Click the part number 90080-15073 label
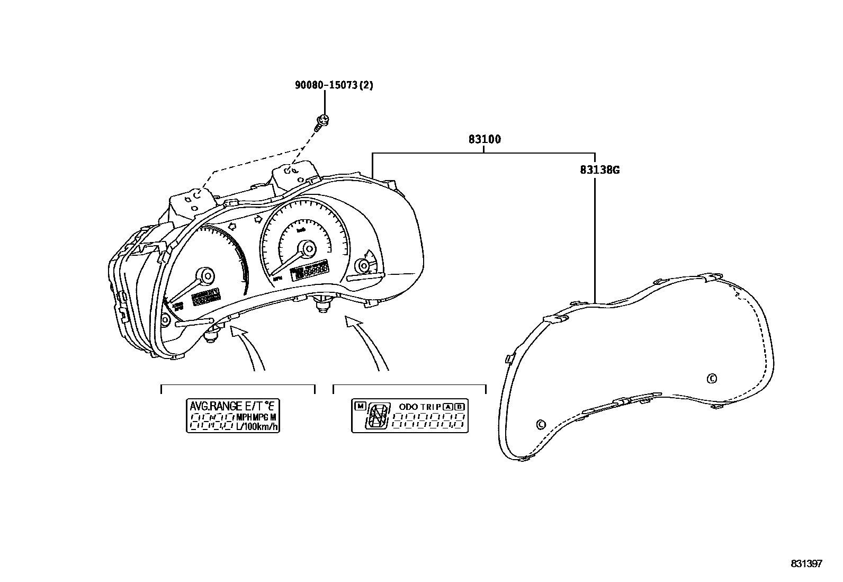(x=334, y=85)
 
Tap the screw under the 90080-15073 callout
(x=321, y=122)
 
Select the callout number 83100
(x=484, y=140)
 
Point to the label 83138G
(x=599, y=170)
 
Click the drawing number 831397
(x=806, y=563)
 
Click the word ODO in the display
(x=408, y=407)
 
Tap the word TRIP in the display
(x=432, y=407)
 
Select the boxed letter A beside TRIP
(x=448, y=407)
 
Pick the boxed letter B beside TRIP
(x=459, y=407)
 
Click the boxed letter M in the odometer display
(x=360, y=406)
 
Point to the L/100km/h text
(x=257, y=426)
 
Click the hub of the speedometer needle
(x=307, y=248)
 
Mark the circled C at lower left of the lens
(x=541, y=424)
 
